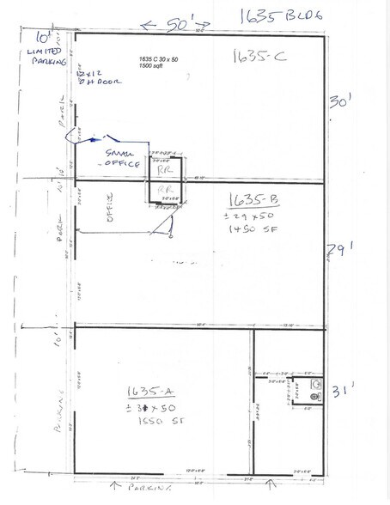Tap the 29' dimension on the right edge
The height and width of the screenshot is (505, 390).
click(337, 252)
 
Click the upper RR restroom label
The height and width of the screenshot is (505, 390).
click(162, 171)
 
